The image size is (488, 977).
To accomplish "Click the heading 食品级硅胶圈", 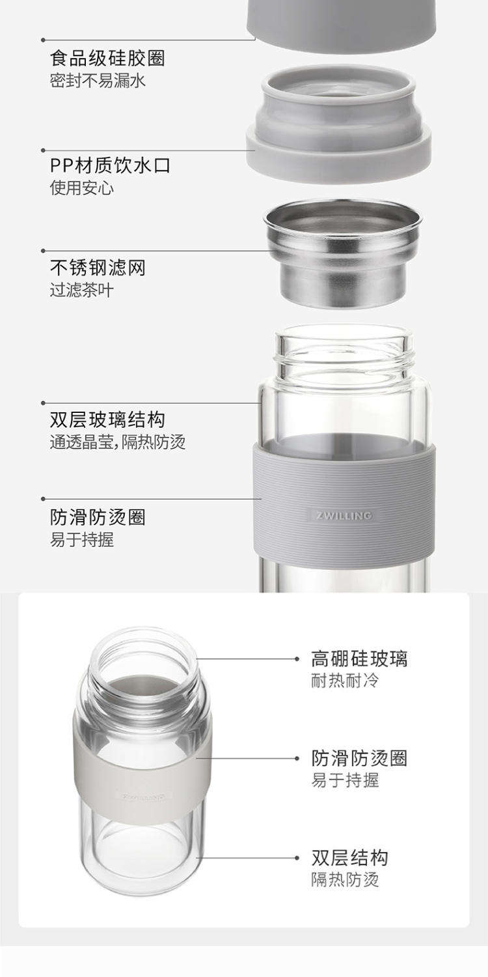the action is [x=107, y=58].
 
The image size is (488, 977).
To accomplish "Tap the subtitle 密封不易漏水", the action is [x=98, y=81].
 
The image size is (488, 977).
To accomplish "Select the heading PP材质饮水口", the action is [x=110, y=165].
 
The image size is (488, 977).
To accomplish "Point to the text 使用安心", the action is [x=81, y=188].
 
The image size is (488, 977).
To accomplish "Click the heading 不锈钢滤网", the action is [x=98, y=267].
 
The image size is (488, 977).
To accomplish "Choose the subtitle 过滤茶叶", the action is [x=81, y=290].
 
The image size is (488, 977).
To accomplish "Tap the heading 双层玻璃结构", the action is [x=107, y=419].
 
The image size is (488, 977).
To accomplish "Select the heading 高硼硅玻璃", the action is [x=359, y=658].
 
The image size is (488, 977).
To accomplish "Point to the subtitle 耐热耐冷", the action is [x=345, y=681].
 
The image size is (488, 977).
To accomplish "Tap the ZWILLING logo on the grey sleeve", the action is [x=344, y=516].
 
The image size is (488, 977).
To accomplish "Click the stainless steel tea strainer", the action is [x=343, y=253].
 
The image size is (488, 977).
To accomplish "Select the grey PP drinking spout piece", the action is [x=338, y=125].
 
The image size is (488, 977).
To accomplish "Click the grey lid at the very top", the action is [x=341, y=24].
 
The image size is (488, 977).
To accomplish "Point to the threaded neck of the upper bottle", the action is [x=344, y=353].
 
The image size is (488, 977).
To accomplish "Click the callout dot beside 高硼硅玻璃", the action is [x=297, y=658].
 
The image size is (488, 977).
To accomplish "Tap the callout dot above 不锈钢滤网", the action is [x=43, y=251].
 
